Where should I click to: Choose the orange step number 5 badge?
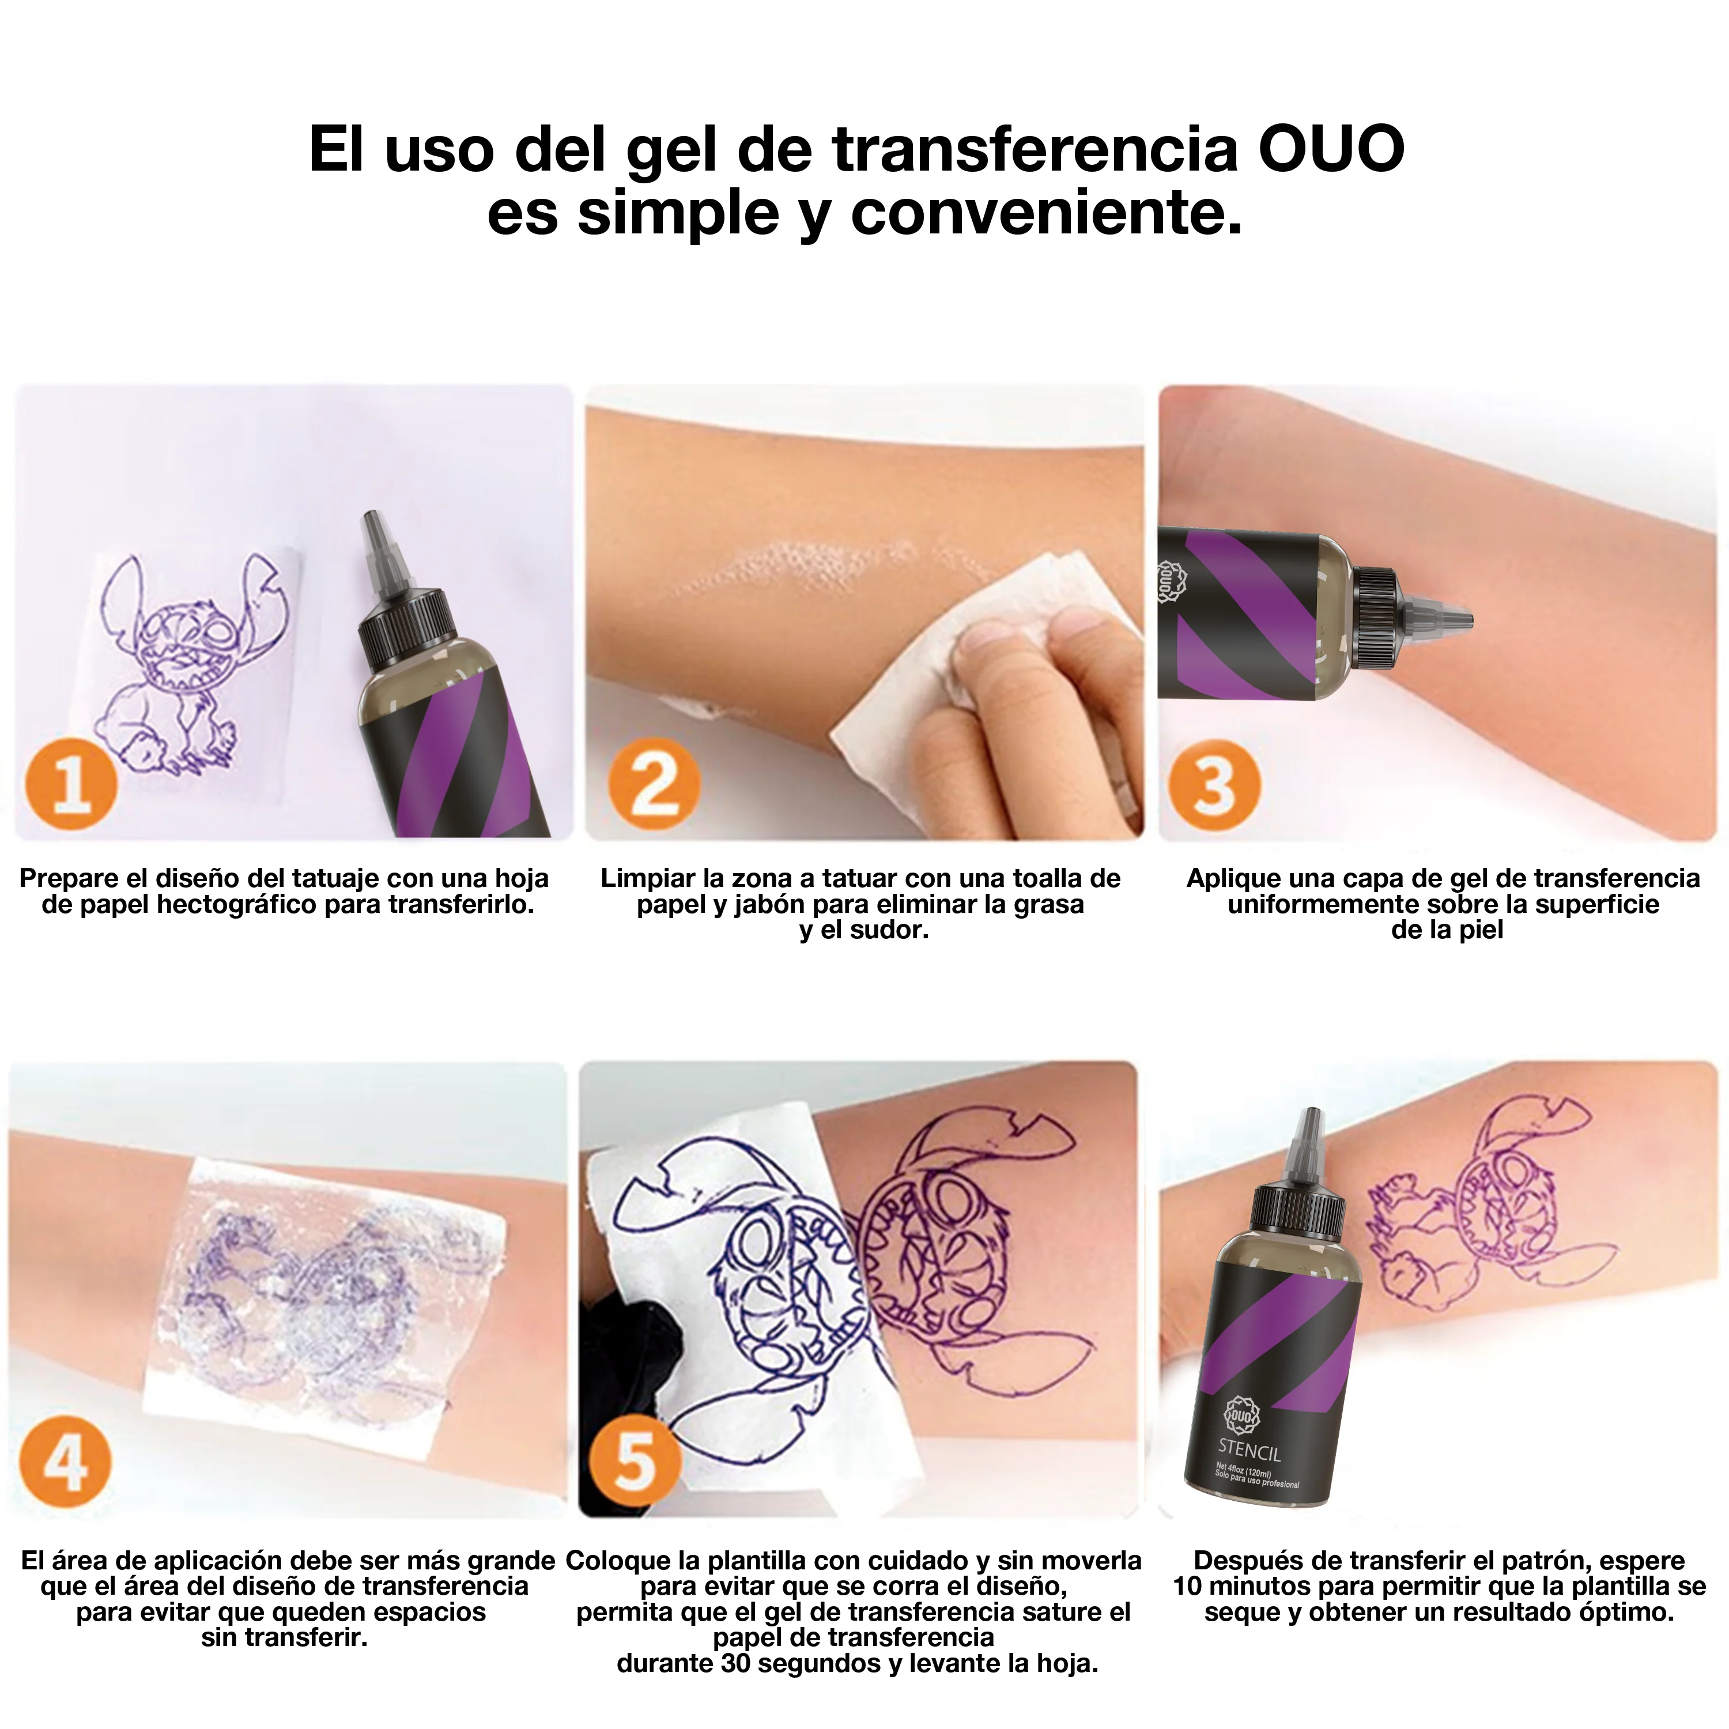[635, 1463]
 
